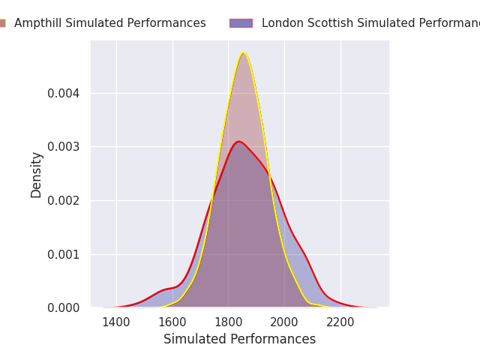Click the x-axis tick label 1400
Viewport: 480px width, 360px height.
116,322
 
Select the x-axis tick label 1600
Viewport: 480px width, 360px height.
172,322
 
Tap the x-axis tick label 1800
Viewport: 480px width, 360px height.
229,322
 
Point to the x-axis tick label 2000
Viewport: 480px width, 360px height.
284,322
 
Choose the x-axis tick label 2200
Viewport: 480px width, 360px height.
340,322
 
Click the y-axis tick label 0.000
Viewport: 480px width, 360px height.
64,307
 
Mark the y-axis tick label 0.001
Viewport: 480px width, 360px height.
64,254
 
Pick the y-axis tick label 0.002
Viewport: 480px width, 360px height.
64,200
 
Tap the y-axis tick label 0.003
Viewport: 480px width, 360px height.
64,146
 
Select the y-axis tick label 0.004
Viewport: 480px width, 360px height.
64,93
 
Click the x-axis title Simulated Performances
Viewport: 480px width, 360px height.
239,339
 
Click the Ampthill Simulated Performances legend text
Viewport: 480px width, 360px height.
109,23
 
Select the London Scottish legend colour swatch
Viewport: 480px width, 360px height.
241,23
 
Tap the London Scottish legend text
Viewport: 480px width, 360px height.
370,23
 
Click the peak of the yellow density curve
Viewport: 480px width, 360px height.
243,52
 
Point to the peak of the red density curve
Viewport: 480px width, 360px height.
238,141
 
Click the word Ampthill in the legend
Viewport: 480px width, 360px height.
39,23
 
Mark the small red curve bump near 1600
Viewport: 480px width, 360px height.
166,289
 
